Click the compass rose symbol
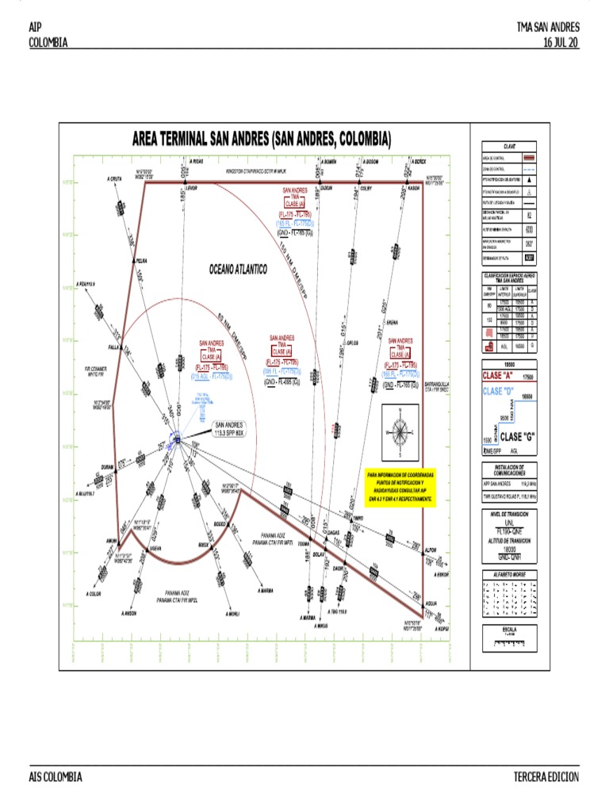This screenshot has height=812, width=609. pyautogui.click(x=402, y=433)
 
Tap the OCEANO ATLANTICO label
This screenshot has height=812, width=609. pyautogui.click(x=238, y=270)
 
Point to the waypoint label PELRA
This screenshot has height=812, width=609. pyautogui.click(x=142, y=260)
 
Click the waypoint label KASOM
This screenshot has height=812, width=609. pyautogui.click(x=412, y=188)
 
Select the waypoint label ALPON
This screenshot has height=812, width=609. pyautogui.click(x=431, y=549)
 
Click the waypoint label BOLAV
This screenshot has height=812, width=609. pyautogui.click(x=319, y=554)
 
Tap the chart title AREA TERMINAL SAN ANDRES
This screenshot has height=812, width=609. pyautogui.click(x=261, y=140)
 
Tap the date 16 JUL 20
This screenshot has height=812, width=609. pyautogui.click(x=561, y=43)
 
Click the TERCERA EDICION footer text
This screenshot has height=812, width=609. pyautogui.click(x=546, y=777)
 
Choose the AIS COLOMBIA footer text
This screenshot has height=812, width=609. pyautogui.click(x=56, y=777)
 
